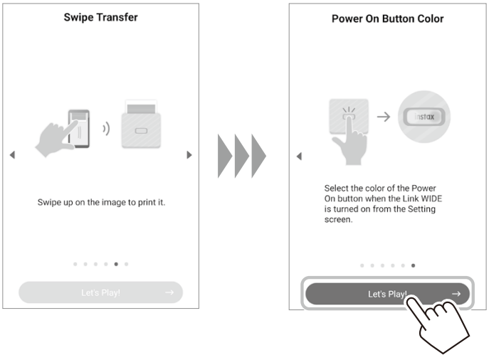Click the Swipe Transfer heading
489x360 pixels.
100,18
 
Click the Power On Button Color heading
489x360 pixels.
387,18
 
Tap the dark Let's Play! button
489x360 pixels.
387,294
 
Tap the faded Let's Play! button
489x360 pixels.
100,292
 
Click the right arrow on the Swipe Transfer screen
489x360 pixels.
189,154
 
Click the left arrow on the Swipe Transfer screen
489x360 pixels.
13,154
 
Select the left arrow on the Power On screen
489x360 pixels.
300,156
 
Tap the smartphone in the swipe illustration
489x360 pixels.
79,128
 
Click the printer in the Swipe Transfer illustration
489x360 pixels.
141,124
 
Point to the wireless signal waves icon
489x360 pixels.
106,129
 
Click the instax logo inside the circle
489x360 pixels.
424,117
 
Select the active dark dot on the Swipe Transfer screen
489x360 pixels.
116,264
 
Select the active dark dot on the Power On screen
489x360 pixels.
414,265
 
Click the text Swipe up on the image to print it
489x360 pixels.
101,202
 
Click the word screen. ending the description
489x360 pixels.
338,219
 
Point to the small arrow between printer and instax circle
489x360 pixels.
384,117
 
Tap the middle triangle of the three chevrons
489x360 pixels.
242,156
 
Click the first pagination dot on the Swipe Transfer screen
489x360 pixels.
75,264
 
